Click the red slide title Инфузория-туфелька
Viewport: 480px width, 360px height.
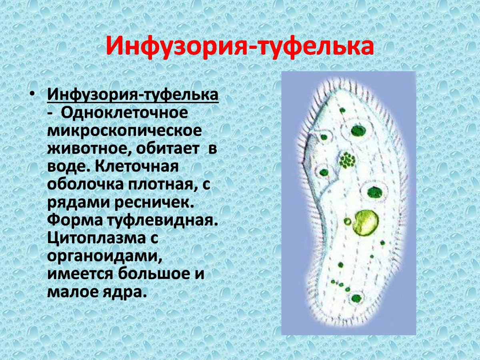click(240, 47)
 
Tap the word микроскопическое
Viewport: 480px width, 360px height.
click(124, 131)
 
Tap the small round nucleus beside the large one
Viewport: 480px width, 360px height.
click(348, 221)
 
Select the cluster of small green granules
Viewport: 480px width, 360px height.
click(347, 161)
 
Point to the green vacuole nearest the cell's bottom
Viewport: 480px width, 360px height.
click(356, 298)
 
